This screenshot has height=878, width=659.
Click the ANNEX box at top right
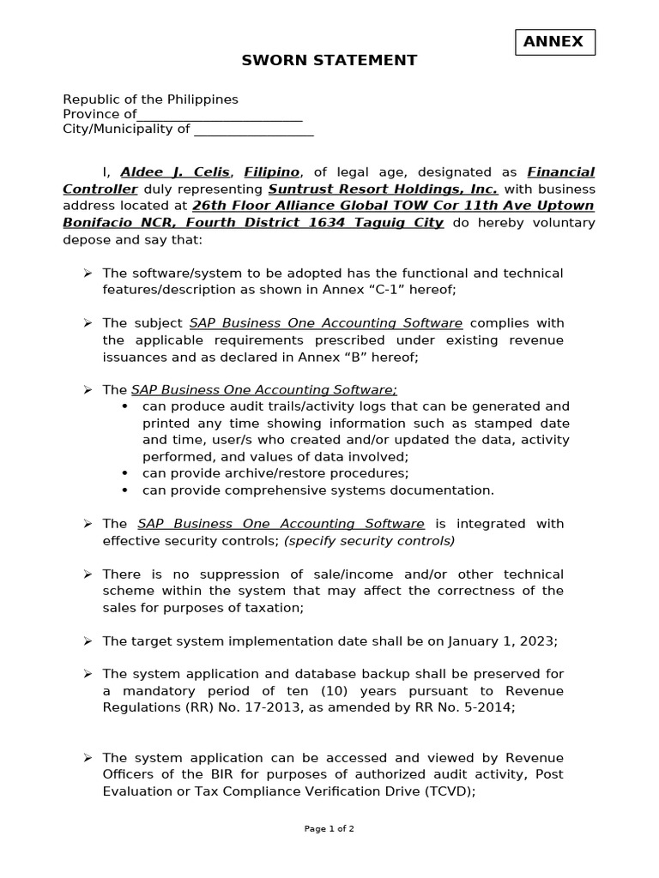[554, 42]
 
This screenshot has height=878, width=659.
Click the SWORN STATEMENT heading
[329, 60]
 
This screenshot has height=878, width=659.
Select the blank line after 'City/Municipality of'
[253, 130]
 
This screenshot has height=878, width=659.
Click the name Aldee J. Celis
[175, 172]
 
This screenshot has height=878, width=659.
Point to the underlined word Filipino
[271, 172]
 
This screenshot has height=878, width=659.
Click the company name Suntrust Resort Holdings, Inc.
[383, 189]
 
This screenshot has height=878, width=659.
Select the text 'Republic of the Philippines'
[150, 99]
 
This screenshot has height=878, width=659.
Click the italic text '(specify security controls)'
[369, 541]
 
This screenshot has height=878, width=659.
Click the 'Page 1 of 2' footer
[329, 829]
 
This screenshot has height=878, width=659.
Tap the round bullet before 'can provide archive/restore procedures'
[125, 473]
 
